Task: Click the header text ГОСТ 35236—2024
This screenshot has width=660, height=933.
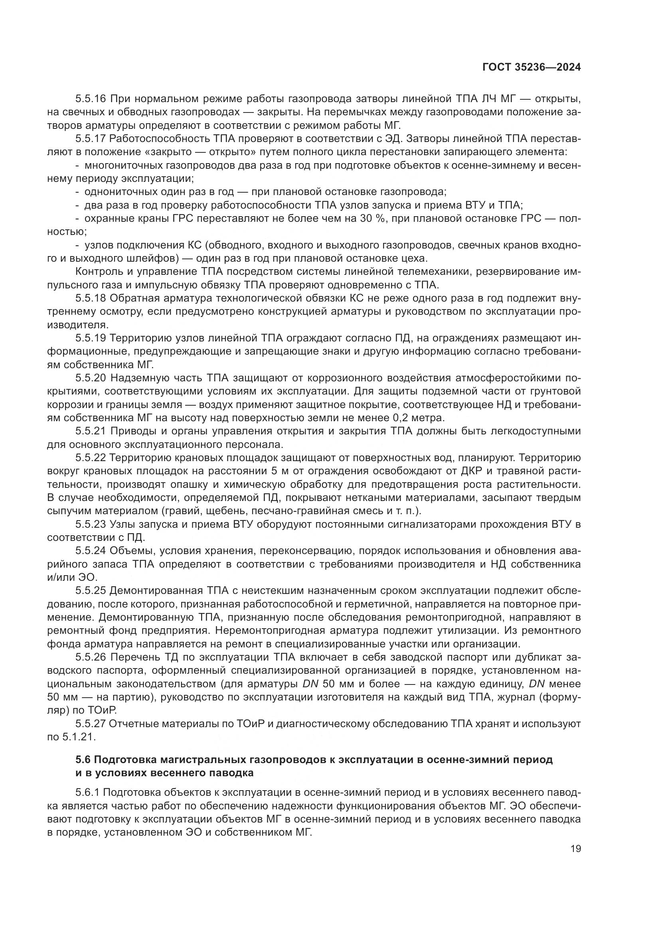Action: click(x=531, y=68)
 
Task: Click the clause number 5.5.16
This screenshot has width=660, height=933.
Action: click(x=91, y=99)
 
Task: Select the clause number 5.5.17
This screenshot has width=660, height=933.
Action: click(x=91, y=138)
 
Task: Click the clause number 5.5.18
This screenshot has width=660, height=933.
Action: click(x=91, y=298)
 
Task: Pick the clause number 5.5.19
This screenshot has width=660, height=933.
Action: click(x=91, y=338)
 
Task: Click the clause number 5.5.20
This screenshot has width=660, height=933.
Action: click(x=91, y=378)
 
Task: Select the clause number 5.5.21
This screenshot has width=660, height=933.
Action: click(x=91, y=431)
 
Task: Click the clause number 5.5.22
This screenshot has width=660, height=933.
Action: click(x=91, y=458)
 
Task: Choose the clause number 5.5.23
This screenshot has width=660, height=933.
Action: click(x=91, y=525)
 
